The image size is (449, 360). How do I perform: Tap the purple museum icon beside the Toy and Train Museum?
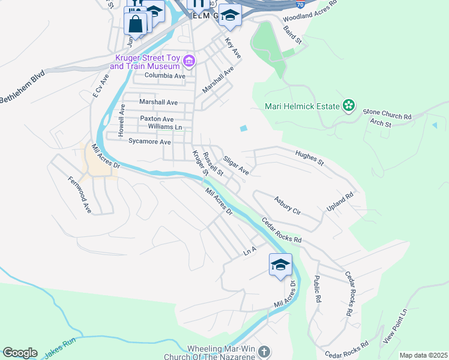tap(190, 61)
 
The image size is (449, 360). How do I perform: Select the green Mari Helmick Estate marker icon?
tap(348, 107)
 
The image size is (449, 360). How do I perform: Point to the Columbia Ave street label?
tap(166, 76)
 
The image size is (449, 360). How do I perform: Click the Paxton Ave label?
tap(157, 119)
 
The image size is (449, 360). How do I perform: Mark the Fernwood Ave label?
tap(79, 194)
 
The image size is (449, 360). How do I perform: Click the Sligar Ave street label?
tap(235, 165)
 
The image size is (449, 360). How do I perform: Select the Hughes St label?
tap(309, 158)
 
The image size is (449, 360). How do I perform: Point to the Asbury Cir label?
tap(286, 205)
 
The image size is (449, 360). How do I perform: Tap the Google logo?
tap(20, 353)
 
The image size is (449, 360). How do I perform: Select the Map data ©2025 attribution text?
tap(423, 355)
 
